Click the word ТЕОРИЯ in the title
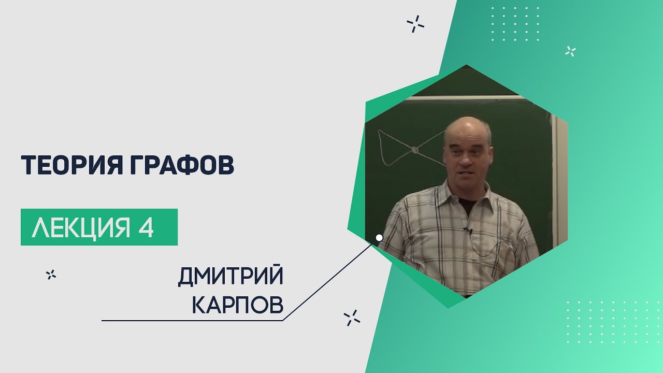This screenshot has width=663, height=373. [x=71, y=165]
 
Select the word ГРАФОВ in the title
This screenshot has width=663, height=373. [x=182, y=165]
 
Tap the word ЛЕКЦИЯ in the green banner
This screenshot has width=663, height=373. [x=81, y=227]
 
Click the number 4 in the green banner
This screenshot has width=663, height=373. [x=146, y=227]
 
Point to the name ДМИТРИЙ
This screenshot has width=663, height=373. [x=230, y=276]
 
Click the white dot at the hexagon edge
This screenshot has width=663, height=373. [x=379, y=237]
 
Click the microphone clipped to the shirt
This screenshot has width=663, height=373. [x=467, y=229]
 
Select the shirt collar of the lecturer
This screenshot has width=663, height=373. [x=468, y=195]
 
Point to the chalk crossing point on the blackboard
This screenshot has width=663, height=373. [x=415, y=150]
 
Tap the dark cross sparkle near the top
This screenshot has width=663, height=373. [x=415, y=24]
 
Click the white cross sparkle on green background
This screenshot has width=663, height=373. [x=570, y=51]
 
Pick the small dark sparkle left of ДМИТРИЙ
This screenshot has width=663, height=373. [x=51, y=275]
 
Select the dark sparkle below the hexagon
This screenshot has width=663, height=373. [x=352, y=318]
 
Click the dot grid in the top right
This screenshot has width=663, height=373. [x=515, y=24]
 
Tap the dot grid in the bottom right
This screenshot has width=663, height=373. [x=615, y=322]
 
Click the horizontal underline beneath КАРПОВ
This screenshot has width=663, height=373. [x=192, y=320]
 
